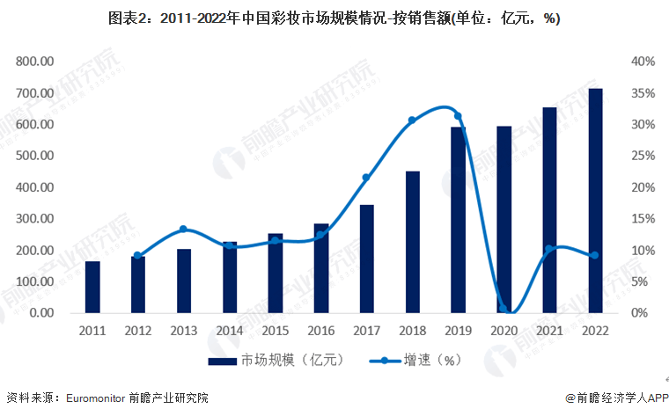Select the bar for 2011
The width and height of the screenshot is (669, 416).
[92, 287]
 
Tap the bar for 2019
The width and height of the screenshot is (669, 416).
[458, 220]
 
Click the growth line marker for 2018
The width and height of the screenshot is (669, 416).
[412, 120]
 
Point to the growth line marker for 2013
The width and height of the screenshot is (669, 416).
[184, 230]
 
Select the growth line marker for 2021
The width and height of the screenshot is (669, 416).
[549, 249]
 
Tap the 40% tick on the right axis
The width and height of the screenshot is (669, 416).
[643, 62]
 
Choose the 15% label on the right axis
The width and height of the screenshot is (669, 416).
[643, 219]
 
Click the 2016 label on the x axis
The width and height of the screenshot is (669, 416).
[320, 331]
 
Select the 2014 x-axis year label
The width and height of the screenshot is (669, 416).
[230, 331]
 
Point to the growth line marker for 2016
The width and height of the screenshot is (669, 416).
[321, 234]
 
